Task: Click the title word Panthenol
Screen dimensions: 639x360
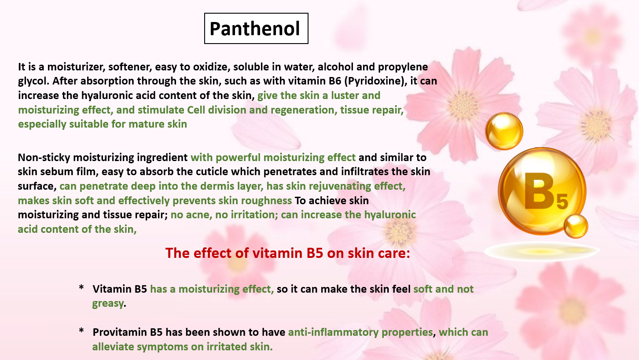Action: point(255,29)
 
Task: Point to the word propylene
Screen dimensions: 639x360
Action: point(403,67)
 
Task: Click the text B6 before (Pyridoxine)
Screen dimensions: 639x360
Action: point(335,81)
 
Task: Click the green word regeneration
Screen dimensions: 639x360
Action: point(304,110)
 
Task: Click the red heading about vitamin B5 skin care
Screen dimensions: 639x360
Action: point(287,253)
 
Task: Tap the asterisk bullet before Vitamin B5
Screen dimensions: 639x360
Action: point(81,287)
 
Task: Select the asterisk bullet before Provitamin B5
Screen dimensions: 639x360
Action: point(81,331)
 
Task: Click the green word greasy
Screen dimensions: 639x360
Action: point(108,304)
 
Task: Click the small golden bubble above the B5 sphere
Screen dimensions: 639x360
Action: point(504,131)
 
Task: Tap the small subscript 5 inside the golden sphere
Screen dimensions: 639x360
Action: point(562,201)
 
